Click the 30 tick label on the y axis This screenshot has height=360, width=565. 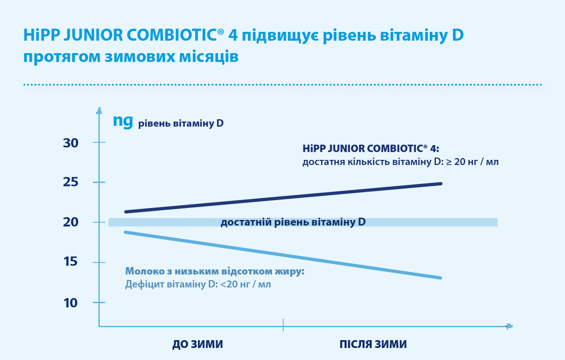coord(71,143)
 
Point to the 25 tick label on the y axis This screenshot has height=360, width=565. coord(71,182)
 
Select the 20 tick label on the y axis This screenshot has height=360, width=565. coord(71,222)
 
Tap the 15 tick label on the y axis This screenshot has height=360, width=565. coord(71,262)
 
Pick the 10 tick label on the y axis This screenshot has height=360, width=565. coord(71,303)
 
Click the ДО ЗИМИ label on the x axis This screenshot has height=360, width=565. coord(198,344)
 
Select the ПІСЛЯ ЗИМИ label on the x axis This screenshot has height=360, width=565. coord(373,344)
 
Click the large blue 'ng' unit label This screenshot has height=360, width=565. coord(123,122)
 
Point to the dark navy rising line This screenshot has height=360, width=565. coord(283,198)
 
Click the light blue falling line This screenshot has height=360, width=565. coord(283,255)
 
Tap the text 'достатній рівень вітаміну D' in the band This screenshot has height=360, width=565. coord(293,222)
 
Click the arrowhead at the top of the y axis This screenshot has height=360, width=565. coord(99,111)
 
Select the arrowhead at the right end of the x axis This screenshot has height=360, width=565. coord(510,326)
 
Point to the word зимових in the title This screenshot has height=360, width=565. coord(140,57)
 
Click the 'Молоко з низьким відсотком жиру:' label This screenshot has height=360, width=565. coord(215,271)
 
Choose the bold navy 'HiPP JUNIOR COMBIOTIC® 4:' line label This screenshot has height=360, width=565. coord(371,149)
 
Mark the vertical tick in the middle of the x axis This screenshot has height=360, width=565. coord(283,325)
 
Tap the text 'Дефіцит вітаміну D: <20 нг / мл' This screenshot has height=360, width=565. coord(198,284)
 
